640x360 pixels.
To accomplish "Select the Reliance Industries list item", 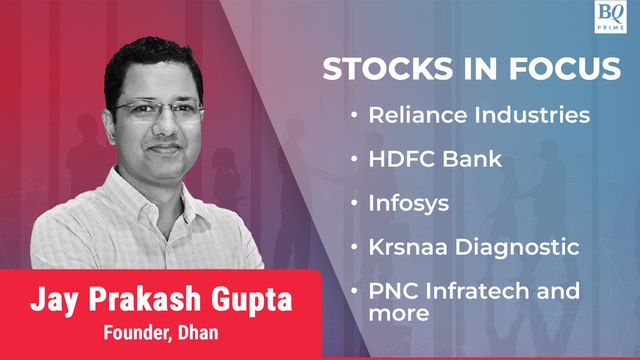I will click(478, 115).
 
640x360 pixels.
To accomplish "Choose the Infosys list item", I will click(405, 203).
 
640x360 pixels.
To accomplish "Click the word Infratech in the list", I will click(473, 291).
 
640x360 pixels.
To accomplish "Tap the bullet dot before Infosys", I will click(355, 204).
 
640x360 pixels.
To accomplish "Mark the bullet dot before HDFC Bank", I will click(355, 160).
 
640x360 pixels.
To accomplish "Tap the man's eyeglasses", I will click(160, 108).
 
